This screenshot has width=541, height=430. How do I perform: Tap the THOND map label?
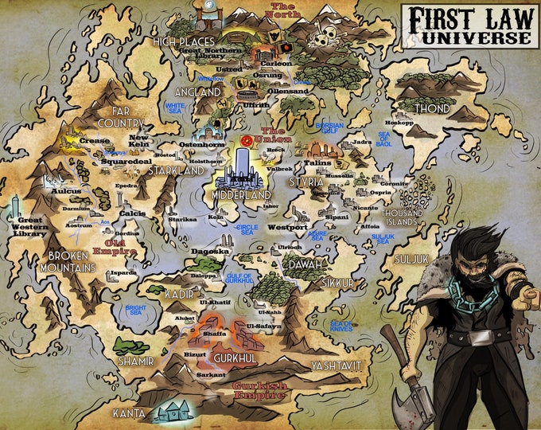[x=432, y=108]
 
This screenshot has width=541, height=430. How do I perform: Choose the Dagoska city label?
[x=211, y=251]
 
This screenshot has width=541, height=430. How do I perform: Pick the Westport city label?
[x=287, y=228]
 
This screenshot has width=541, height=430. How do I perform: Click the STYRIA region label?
[x=306, y=182]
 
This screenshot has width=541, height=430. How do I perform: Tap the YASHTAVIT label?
[x=336, y=365]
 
